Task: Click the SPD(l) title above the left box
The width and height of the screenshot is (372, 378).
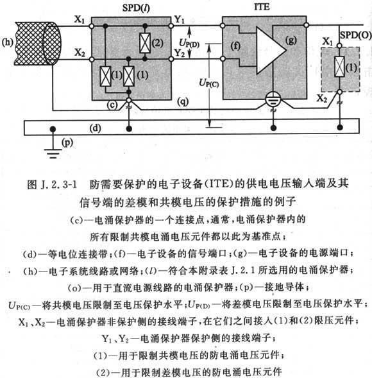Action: click(136, 8)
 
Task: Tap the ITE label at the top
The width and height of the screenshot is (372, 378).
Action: click(262, 6)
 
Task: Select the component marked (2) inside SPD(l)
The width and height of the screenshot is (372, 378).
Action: click(145, 43)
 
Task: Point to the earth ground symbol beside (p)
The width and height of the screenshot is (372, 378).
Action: click(53, 153)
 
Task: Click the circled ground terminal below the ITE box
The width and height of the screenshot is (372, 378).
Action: click(273, 99)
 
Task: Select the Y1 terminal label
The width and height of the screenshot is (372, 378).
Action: click(179, 19)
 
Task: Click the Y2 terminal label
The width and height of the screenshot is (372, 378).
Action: click(180, 53)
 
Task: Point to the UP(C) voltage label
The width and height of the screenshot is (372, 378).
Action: click(209, 83)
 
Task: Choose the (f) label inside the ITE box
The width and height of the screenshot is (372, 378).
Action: click(235, 46)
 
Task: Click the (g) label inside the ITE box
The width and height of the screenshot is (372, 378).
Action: click(291, 40)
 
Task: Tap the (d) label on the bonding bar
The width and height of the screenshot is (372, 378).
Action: click(95, 128)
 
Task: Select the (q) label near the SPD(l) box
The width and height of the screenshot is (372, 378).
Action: click(183, 101)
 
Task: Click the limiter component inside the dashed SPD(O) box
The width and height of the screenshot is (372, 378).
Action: click(339, 66)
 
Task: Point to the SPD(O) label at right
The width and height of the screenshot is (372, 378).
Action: click(355, 35)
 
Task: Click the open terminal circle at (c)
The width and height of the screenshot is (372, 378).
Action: click(129, 100)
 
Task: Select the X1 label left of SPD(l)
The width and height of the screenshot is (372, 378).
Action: click(80, 19)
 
